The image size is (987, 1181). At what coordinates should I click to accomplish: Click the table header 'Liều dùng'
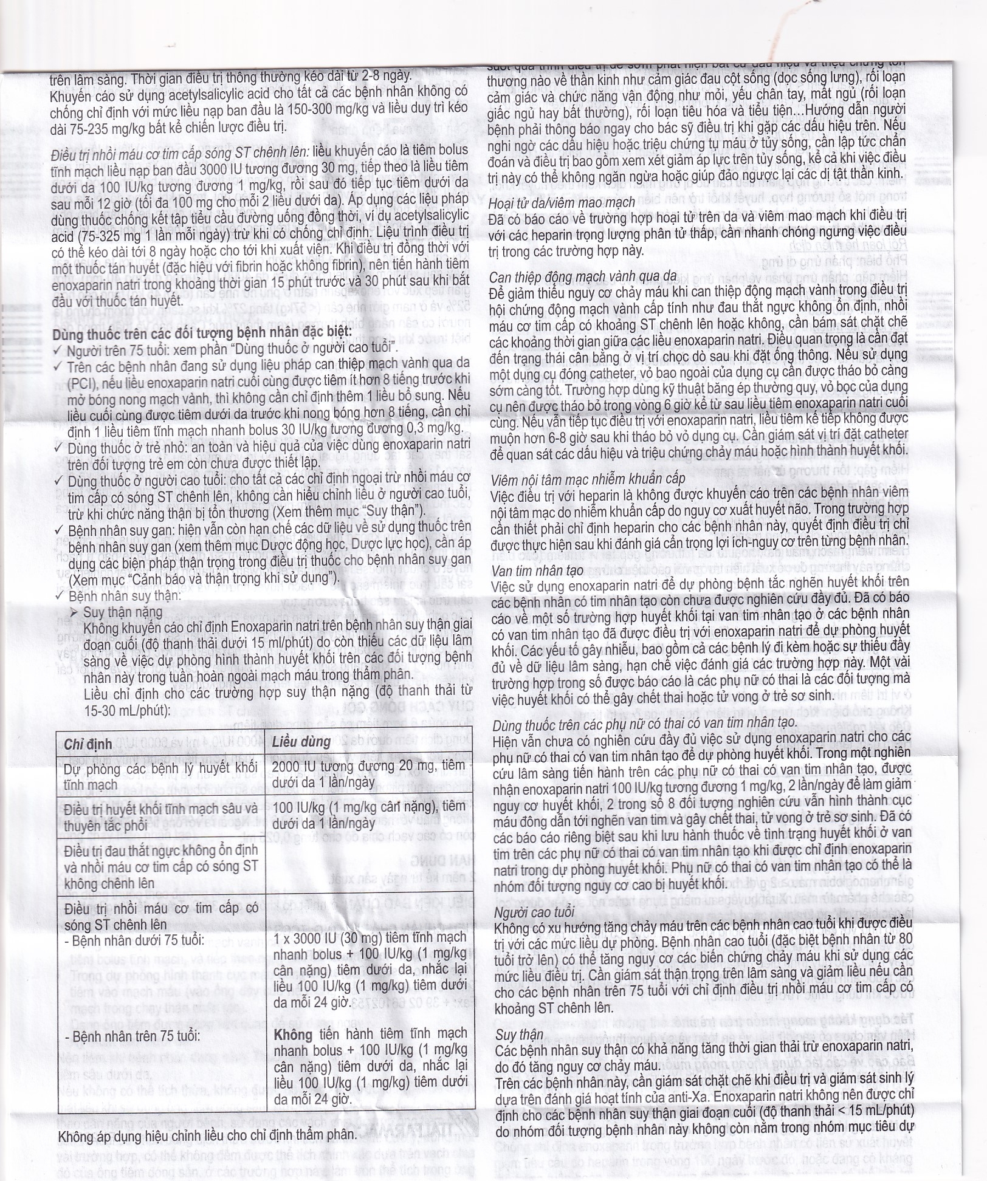[301, 742]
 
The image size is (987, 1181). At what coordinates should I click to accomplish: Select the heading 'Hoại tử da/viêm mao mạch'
[562, 202]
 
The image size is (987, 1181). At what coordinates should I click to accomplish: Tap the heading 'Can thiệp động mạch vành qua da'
[583, 277]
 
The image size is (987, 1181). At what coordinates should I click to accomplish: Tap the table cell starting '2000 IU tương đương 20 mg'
[368, 774]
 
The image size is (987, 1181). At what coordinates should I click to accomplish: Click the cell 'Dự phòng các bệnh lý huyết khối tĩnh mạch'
[160, 776]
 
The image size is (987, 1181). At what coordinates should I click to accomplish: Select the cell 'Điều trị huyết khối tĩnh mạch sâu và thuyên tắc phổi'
[160, 816]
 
